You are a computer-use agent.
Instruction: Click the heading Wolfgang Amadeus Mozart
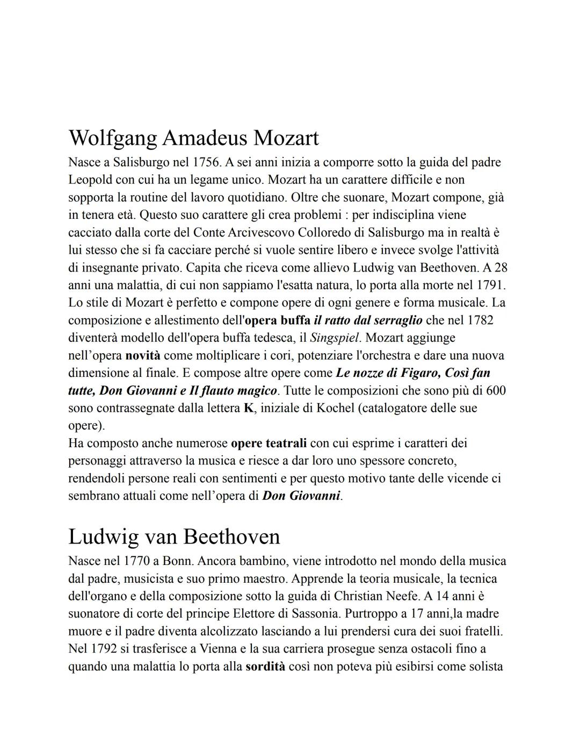coord(193,138)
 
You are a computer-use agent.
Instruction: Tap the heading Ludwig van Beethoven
coord(174,537)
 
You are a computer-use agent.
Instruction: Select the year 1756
coord(206,162)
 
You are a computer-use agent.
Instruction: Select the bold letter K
coord(248,408)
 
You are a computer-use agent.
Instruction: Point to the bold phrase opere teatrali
coord(269,444)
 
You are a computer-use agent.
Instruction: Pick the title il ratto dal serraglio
coord(368,320)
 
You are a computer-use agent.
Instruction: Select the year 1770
coord(136,561)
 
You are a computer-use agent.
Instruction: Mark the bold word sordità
coord(265,667)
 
